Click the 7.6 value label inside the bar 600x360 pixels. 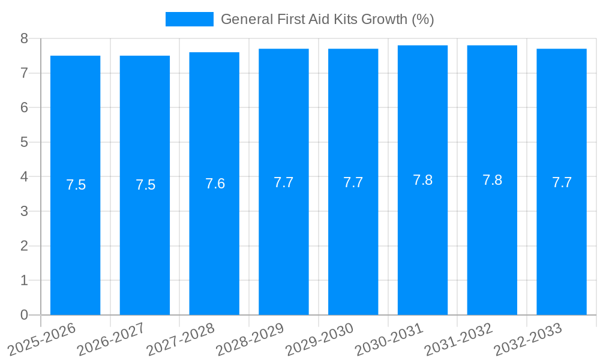(x=215, y=184)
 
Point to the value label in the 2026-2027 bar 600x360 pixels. (x=145, y=185)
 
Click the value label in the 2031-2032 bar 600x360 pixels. (x=492, y=180)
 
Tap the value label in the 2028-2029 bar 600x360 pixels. (x=284, y=182)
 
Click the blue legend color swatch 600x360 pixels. (x=189, y=19)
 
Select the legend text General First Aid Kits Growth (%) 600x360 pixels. (x=327, y=19)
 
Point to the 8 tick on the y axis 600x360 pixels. (x=24, y=38)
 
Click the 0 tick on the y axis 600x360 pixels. (x=24, y=315)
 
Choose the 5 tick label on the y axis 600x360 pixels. (x=24, y=142)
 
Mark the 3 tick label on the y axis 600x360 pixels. (x=24, y=211)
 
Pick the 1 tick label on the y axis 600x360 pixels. (x=24, y=280)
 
